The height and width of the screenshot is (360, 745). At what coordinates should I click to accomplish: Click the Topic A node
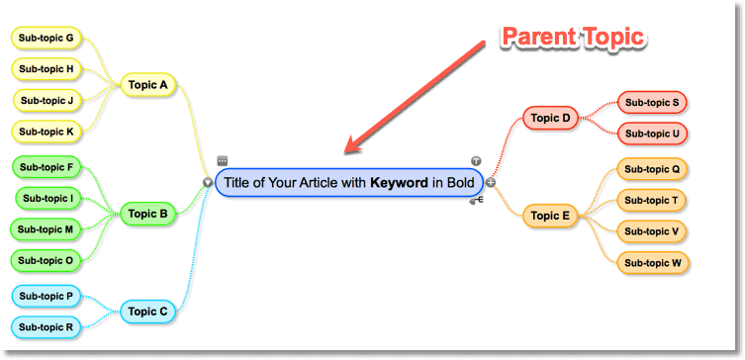coord(147,85)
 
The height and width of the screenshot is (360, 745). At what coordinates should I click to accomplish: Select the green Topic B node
coord(148,213)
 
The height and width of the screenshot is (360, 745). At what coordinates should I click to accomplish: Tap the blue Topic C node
coord(148,312)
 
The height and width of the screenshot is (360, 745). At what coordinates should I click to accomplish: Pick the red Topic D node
coord(551,118)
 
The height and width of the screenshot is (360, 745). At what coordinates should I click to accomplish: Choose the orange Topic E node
coord(551,215)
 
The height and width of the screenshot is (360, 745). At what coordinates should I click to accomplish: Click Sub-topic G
coord(47,39)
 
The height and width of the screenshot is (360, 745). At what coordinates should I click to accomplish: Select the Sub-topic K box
coord(47,131)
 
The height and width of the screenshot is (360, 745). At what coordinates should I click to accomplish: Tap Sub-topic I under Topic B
coord(47,199)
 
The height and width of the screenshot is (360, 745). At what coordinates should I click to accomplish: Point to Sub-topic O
coord(47,260)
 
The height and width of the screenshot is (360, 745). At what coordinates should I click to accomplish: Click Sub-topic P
coord(47,296)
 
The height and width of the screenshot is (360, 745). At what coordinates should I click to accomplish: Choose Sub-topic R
coord(47,326)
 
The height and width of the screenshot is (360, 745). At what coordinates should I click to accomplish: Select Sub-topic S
coord(653,102)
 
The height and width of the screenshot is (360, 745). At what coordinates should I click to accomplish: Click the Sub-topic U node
coord(653,134)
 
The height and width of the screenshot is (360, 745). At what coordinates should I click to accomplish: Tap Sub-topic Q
coord(653,169)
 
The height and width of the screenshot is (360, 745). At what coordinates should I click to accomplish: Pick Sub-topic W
coord(653,263)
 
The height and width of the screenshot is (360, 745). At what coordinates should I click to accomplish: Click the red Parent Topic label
coord(573,38)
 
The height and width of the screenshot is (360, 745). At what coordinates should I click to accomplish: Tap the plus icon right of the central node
coord(490,182)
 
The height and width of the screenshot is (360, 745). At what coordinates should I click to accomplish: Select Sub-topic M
coord(47,229)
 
